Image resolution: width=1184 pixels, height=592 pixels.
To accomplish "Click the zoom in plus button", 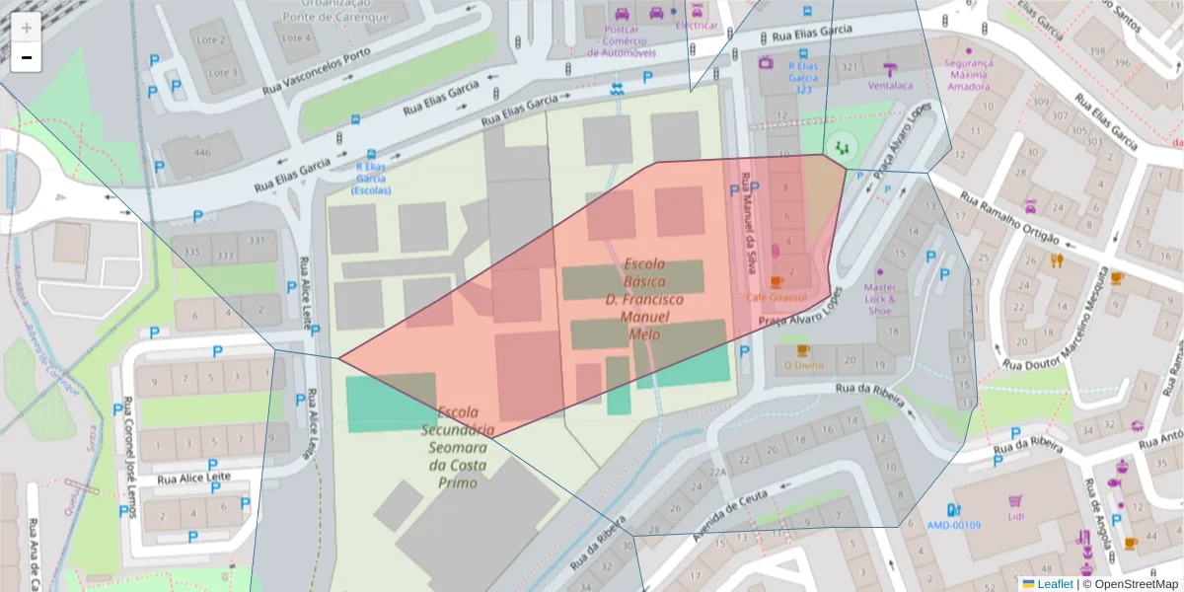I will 27,28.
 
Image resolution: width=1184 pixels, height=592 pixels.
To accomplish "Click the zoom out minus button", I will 27,57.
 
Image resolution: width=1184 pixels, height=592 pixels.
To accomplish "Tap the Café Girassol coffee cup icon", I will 777,282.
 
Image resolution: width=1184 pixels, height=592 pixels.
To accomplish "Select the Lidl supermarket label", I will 1016,516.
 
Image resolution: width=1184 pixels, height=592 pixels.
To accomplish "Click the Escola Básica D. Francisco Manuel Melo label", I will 643,299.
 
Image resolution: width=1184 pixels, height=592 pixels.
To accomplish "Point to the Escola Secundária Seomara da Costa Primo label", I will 458,447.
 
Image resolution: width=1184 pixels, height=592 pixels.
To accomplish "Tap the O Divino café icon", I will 802,350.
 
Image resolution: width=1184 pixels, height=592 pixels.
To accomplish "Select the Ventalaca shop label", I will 891,85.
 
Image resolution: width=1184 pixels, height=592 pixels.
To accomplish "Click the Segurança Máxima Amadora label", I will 968,74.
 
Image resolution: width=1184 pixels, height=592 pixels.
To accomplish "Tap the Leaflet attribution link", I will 1055,584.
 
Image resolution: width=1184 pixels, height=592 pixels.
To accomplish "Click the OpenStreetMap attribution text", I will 1136,584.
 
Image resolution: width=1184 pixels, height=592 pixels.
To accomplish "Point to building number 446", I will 202,152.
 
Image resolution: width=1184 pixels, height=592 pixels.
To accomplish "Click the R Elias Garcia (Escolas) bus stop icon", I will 371,155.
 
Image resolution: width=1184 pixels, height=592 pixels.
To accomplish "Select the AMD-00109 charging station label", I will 953,525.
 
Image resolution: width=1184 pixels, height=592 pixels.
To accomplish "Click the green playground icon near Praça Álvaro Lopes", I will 842,146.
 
